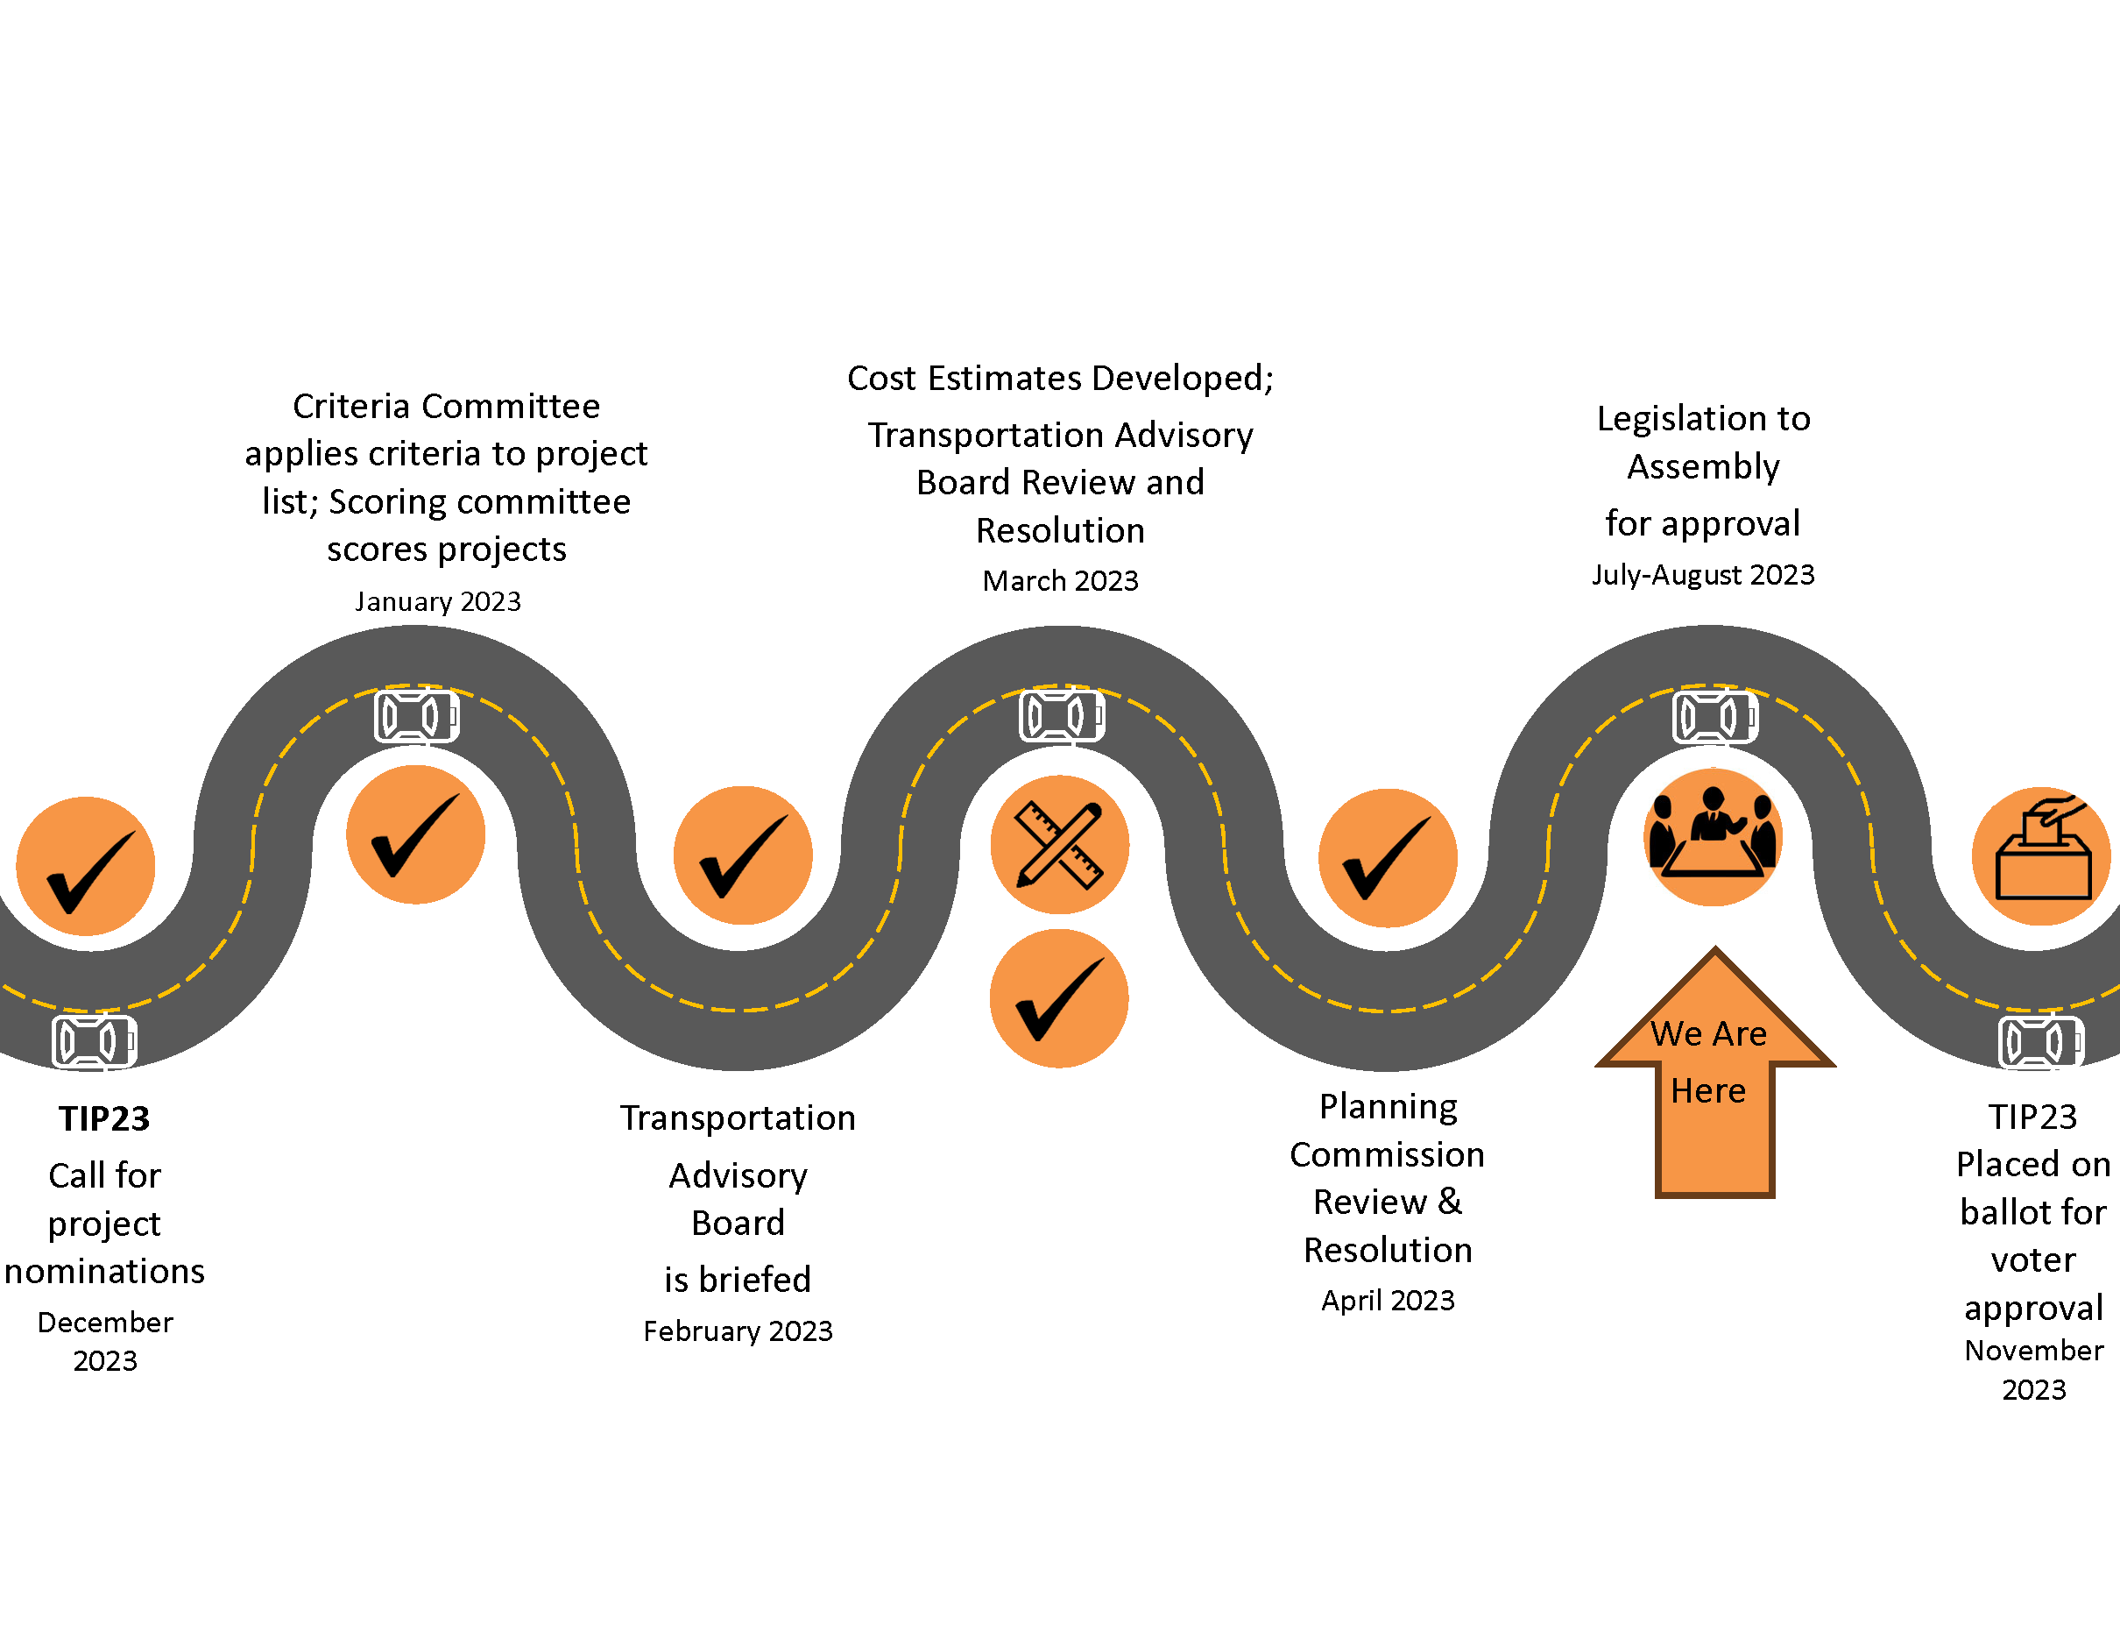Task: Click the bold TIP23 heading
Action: (x=104, y=1118)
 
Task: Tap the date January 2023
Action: (x=438, y=602)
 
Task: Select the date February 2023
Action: (x=738, y=1330)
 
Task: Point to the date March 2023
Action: (x=1060, y=580)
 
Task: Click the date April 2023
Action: (x=1389, y=1300)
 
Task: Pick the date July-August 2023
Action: (x=1703, y=575)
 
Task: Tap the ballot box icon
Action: (x=2041, y=855)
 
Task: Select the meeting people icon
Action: (x=1713, y=836)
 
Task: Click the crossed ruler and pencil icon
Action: (x=1059, y=844)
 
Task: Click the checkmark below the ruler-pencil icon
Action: (x=1059, y=998)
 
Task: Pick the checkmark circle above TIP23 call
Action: (x=86, y=866)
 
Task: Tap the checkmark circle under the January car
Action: (x=415, y=834)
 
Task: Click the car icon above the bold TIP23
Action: (x=94, y=1042)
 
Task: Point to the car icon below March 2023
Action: (x=1061, y=717)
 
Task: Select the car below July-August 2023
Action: (x=1714, y=718)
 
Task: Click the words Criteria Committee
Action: (x=447, y=406)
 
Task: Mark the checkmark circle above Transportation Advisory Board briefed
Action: (x=743, y=855)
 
